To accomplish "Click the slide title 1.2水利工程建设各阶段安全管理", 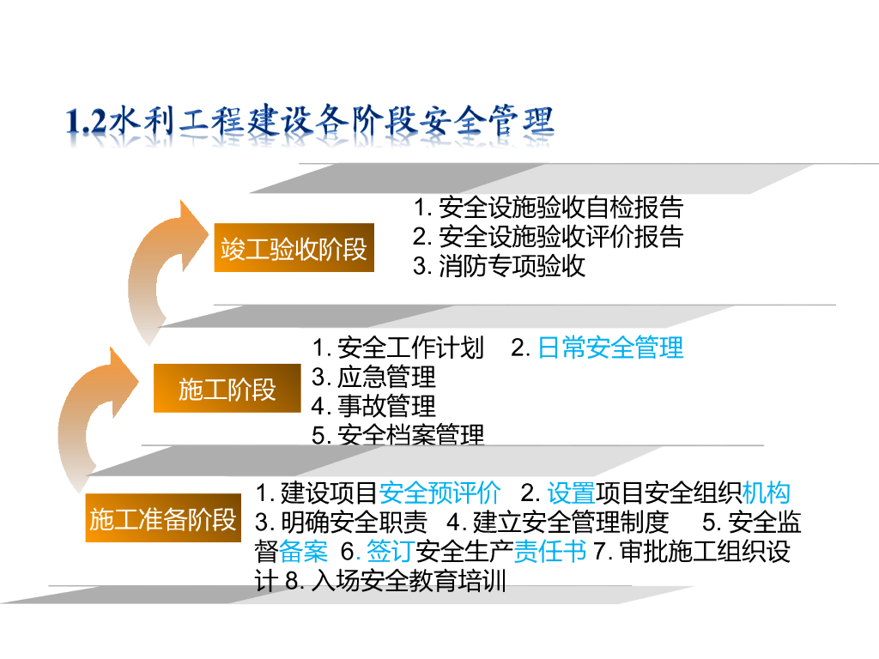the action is tap(310, 123).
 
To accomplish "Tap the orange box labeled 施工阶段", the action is tap(227, 389).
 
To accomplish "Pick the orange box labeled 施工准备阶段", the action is tap(162, 519).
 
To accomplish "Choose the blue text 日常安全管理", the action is tap(610, 348).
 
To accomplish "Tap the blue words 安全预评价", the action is tap(439, 493).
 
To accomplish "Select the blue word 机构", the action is tap(766, 493).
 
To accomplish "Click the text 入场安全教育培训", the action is tap(408, 581).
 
